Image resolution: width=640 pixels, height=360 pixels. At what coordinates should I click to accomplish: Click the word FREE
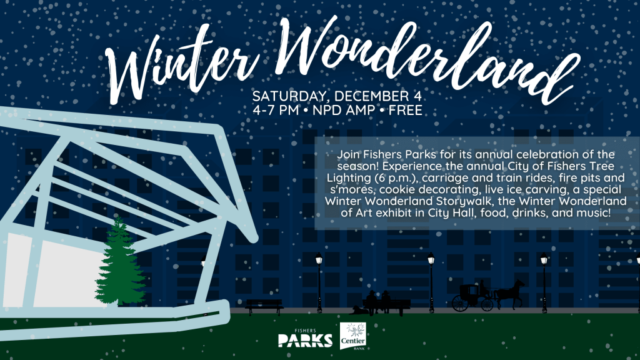(405, 110)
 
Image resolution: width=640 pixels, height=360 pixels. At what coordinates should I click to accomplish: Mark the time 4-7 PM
(276, 110)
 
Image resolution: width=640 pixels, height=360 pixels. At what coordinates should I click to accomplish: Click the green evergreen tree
(120, 263)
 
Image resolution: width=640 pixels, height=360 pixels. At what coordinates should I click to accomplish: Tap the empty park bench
(264, 306)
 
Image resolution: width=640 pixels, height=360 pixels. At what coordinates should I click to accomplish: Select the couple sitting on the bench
(377, 302)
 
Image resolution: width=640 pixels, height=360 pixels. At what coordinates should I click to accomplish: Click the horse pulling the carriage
(510, 292)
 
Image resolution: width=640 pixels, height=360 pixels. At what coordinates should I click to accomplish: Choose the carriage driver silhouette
(483, 288)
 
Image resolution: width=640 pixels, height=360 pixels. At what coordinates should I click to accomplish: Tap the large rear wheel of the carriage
(460, 304)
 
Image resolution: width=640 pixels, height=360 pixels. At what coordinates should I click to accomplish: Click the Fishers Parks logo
(305, 338)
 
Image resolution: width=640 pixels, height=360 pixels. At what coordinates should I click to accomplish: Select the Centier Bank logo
(353, 336)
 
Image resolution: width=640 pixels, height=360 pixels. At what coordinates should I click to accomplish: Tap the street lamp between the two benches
(319, 282)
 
